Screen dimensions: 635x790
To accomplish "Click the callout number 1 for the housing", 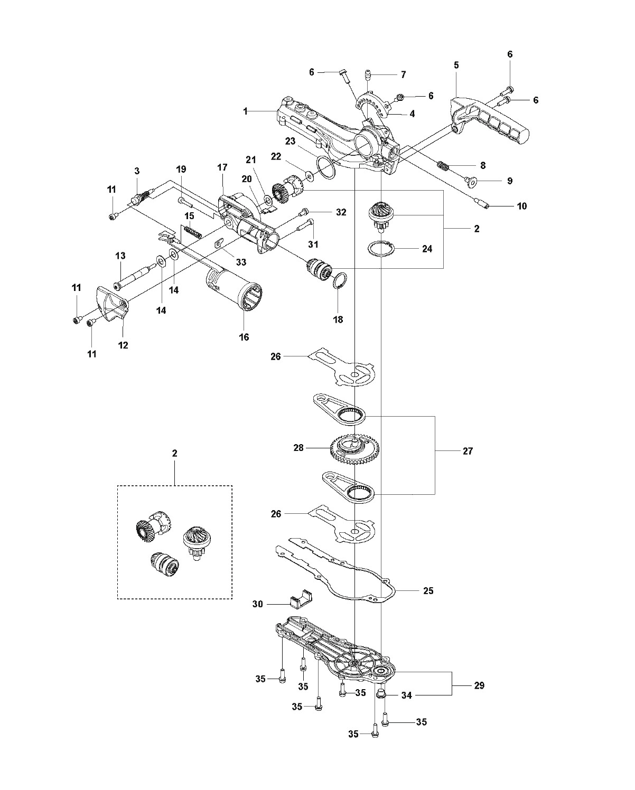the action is (246, 111).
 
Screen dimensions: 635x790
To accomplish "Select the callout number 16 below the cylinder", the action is (244, 336).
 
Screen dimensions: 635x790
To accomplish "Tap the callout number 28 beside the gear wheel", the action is (298, 447).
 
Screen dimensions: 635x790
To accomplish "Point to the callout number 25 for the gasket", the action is (428, 591).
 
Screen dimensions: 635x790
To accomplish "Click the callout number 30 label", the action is (257, 604).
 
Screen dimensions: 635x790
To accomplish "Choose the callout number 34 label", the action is (407, 695).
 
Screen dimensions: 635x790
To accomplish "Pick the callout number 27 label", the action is (468, 451).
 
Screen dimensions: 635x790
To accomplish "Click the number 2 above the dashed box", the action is (174, 454).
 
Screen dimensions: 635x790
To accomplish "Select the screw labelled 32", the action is (304, 212).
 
